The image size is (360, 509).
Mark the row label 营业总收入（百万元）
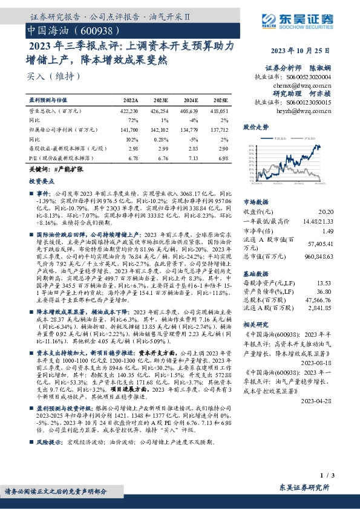(56, 111)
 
